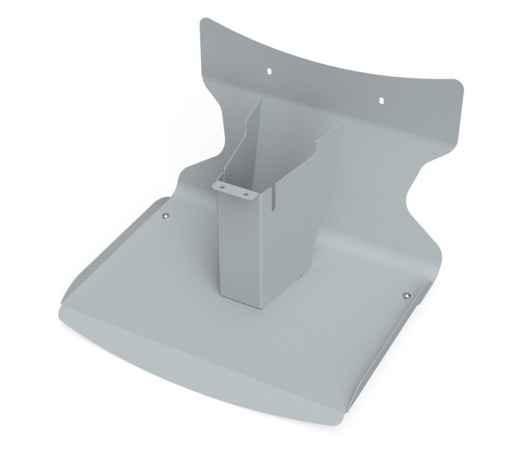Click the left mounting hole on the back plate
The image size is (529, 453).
[x=269, y=68]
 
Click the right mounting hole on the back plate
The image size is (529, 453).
[x=382, y=100]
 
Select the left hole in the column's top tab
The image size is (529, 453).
[x=224, y=187]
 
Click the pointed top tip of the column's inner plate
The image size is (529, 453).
[x=260, y=101]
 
